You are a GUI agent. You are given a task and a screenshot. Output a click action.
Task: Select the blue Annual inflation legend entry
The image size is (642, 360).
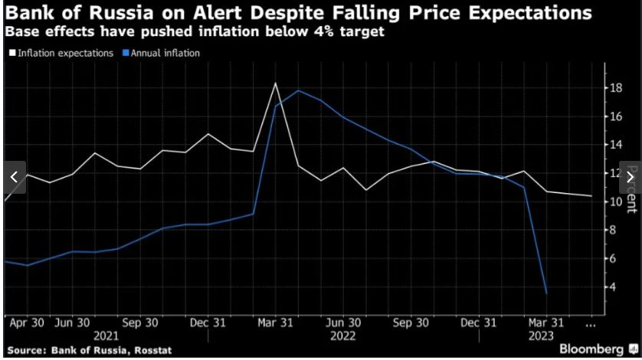pos(160,53)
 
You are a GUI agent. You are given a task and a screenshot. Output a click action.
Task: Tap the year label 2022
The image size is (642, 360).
pos(343,335)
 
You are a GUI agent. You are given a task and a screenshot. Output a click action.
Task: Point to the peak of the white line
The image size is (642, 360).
pos(275,83)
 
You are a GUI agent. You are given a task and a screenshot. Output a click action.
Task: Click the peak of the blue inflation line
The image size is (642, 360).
pos(298,90)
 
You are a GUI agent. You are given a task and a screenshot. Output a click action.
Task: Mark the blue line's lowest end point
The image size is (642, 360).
pos(546,293)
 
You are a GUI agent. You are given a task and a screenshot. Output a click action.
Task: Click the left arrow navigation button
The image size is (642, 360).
pos(12,177)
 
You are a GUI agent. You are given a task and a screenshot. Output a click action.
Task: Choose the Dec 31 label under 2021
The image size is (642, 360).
pos(208,322)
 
